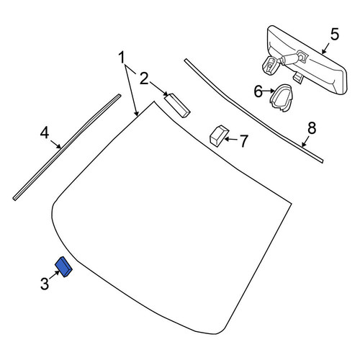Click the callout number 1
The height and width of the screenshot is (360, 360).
[122, 57]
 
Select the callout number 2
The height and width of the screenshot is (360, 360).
[144, 78]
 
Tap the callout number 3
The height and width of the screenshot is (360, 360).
[45, 284]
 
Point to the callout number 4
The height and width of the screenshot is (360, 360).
[45, 132]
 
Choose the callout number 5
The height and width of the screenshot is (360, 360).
[335, 34]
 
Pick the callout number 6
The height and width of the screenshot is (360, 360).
[258, 91]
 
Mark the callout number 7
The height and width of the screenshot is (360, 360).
[244, 141]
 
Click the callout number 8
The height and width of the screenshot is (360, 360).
[312, 128]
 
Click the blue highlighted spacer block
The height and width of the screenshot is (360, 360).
[63, 266]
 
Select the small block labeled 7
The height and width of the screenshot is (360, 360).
[219, 135]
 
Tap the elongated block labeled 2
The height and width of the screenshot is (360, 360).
[177, 106]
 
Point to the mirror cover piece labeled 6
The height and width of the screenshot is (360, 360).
[282, 97]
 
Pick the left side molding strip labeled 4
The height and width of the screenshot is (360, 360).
[67, 147]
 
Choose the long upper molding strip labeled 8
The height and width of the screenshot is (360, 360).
[253, 111]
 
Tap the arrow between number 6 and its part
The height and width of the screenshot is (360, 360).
[269, 91]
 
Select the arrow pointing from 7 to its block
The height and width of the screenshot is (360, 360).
[232, 139]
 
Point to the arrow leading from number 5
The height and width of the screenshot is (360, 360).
[325, 49]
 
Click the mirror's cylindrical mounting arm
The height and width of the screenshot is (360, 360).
[289, 58]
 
